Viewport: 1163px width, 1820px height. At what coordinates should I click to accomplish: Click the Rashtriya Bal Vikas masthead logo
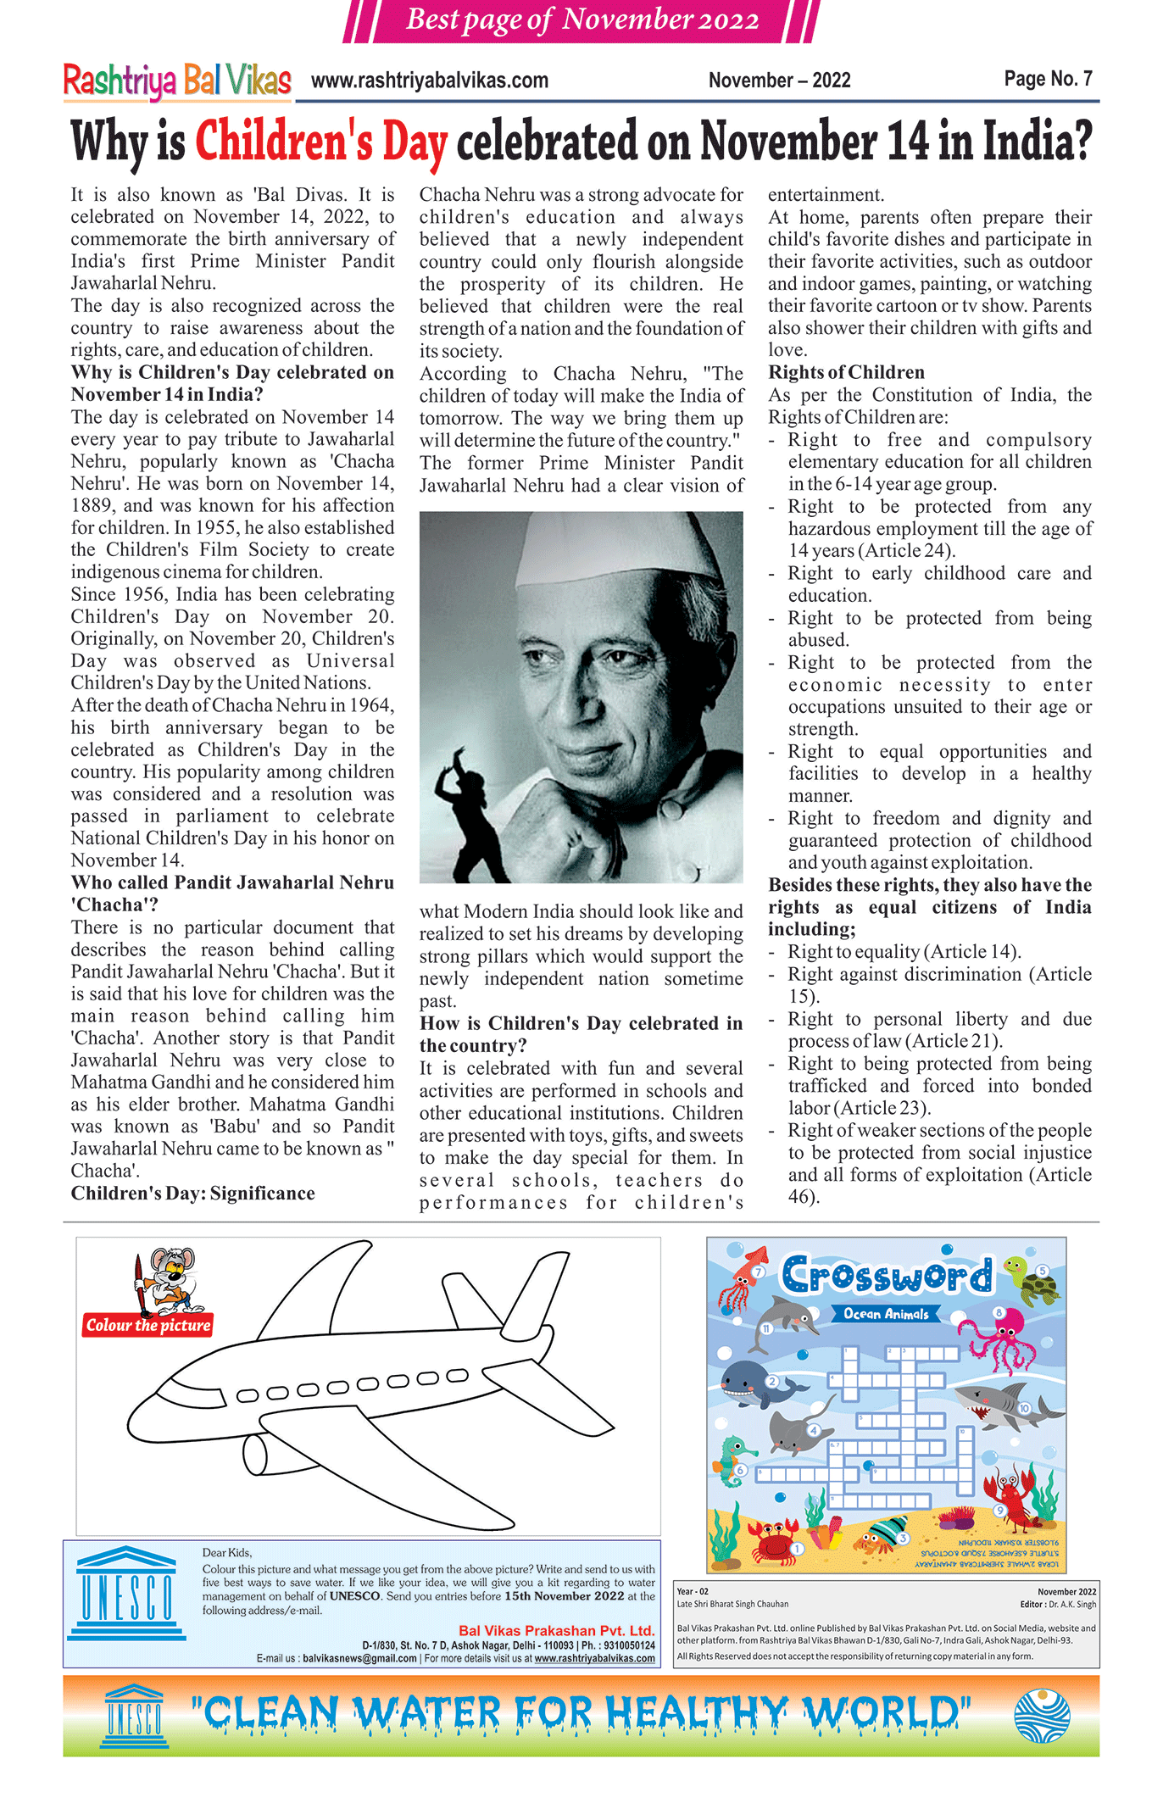coord(177,81)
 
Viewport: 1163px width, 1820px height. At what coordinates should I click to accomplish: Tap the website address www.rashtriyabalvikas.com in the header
coord(430,81)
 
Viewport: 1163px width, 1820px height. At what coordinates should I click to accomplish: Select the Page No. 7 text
coord(1048,79)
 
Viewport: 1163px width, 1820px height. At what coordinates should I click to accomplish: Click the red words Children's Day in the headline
coord(321,141)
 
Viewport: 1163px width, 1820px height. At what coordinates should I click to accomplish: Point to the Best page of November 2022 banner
coord(581,19)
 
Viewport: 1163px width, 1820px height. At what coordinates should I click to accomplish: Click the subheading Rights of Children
coord(846,372)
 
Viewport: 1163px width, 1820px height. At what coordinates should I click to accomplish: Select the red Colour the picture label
coord(148,1325)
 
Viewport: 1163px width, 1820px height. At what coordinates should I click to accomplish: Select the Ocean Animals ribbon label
coord(886,1314)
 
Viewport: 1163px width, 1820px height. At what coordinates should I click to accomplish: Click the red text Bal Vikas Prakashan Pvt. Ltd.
coord(556,1630)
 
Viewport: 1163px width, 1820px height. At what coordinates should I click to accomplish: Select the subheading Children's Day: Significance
coord(192,1194)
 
